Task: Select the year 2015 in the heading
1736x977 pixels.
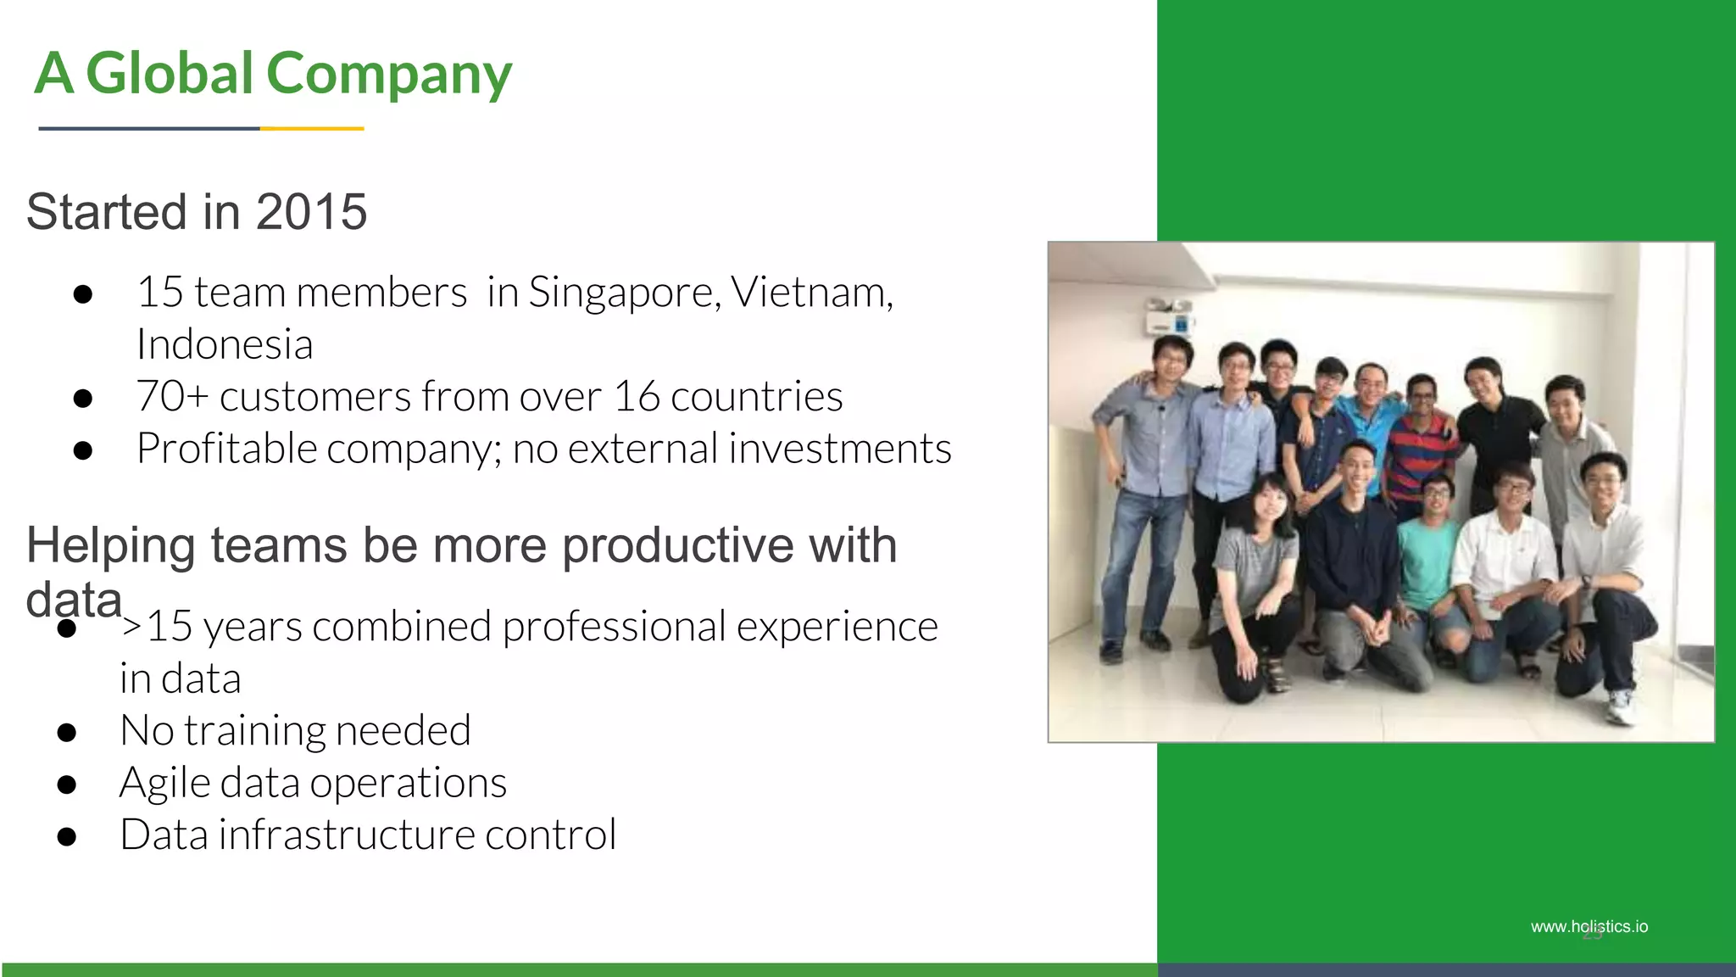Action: point(311,212)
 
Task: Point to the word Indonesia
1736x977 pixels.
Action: point(225,345)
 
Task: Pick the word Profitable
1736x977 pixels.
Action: point(226,449)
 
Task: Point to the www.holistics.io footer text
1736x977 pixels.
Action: point(1589,927)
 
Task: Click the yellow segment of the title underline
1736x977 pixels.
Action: point(312,128)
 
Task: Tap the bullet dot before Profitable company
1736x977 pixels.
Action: point(82,450)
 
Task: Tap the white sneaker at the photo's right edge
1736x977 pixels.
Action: point(1620,707)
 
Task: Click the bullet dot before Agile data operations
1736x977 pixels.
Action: point(67,784)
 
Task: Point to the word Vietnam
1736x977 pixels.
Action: point(810,293)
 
